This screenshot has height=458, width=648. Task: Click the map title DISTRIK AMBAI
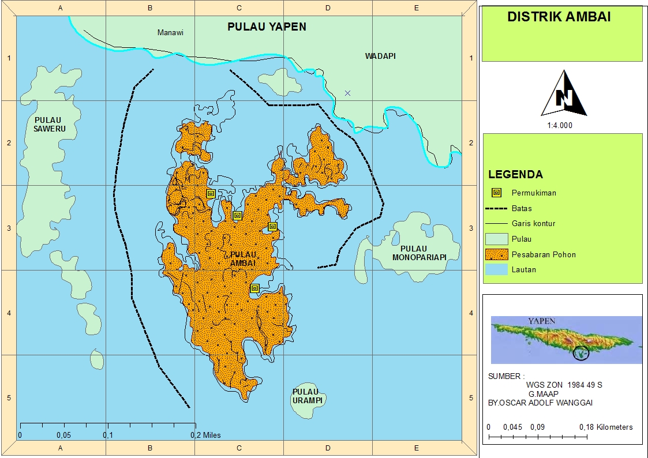(559, 17)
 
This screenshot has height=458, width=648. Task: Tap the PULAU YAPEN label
(267, 27)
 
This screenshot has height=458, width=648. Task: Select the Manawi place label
(170, 33)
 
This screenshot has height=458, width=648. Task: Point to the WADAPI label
(380, 56)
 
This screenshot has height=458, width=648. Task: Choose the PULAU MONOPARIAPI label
(419, 253)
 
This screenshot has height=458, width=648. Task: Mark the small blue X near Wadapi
(347, 93)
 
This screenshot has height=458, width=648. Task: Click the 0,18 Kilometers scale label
(606, 427)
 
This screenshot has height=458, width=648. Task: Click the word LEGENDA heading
(515, 174)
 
